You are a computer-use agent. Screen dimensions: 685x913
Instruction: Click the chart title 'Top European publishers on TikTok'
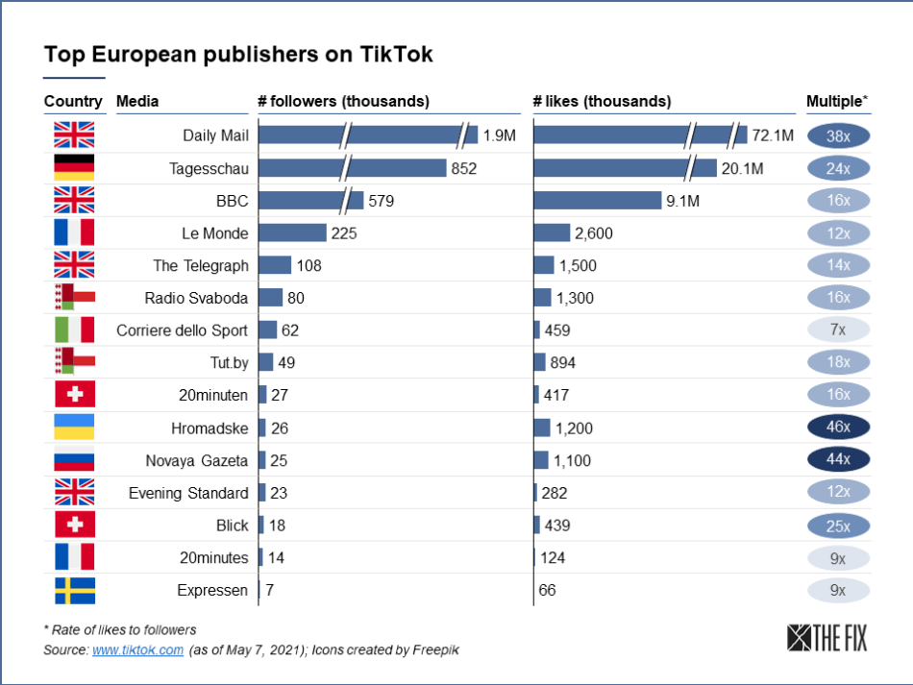click(x=238, y=54)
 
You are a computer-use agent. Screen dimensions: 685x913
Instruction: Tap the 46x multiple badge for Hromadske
click(x=838, y=428)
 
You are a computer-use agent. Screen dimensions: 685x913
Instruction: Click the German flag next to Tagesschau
click(x=74, y=168)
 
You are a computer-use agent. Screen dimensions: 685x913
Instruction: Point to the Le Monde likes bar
click(x=552, y=232)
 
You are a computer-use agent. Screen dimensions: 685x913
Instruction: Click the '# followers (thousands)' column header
click(x=343, y=101)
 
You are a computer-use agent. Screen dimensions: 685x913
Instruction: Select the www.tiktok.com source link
click(x=137, y=649)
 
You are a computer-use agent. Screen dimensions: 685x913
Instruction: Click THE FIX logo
click(x=826, y=638)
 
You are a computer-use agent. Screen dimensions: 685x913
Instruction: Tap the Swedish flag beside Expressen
click(x=74, y=590)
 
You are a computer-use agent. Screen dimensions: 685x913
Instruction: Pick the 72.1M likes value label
click(x=773, y=136)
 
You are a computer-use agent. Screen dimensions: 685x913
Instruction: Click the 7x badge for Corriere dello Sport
click(x=838, y=330)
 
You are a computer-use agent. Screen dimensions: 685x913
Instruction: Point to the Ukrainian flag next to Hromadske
click(x=74, y=428)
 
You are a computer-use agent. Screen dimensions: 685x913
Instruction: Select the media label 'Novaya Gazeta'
click(x=196, y=460)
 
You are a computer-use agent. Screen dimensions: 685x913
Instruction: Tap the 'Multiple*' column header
click(x=837, y=101)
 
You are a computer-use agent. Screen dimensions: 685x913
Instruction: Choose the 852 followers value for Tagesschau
click(x=463, y=169)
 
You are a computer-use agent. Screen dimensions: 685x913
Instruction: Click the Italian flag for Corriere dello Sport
click(x=74, y=330)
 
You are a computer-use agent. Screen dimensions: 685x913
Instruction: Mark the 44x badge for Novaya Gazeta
click(x=838, y=460)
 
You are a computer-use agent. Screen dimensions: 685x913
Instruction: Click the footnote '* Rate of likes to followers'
click(x=120, y=630)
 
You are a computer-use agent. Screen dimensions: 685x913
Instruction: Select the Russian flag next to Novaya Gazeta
click(x=74, y=460)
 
